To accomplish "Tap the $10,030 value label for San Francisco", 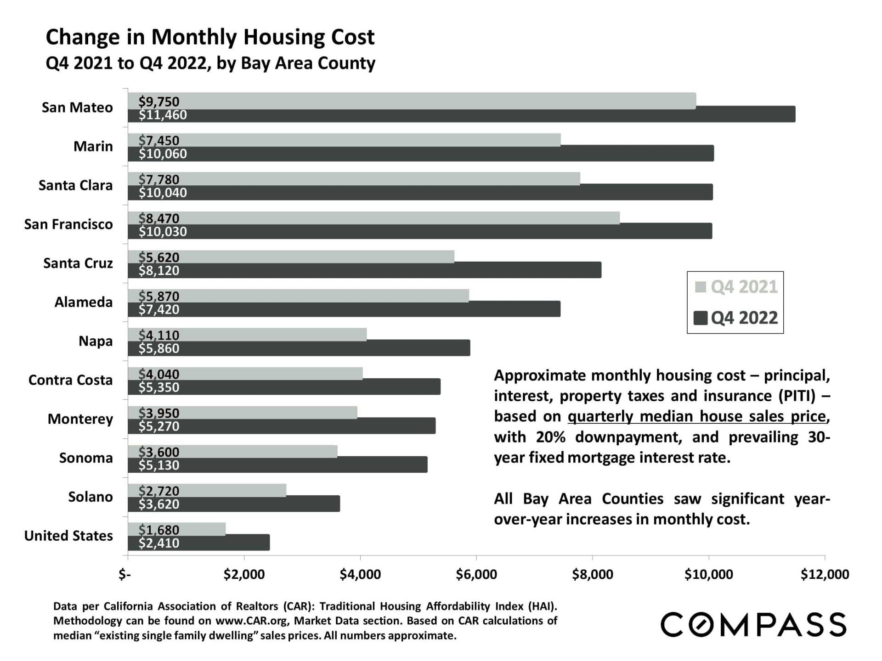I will pos(163,232).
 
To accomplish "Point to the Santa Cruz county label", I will pos(78,263).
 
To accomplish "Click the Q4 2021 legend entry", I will pos(736,287).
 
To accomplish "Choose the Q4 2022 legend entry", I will pos(736,318).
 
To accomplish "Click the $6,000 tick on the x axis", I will pos(476,574).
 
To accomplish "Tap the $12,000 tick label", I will pos(825,574).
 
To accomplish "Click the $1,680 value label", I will pos(159,530).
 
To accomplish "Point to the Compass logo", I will pos(753,624).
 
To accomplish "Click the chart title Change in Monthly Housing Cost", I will pos(210,37).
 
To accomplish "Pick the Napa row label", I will pos(96,341).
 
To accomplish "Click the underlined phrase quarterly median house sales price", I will pos(697,416).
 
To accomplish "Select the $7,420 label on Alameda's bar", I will pos(159,310).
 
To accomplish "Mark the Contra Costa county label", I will pos(70,380).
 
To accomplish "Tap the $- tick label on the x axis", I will pos(124,574).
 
